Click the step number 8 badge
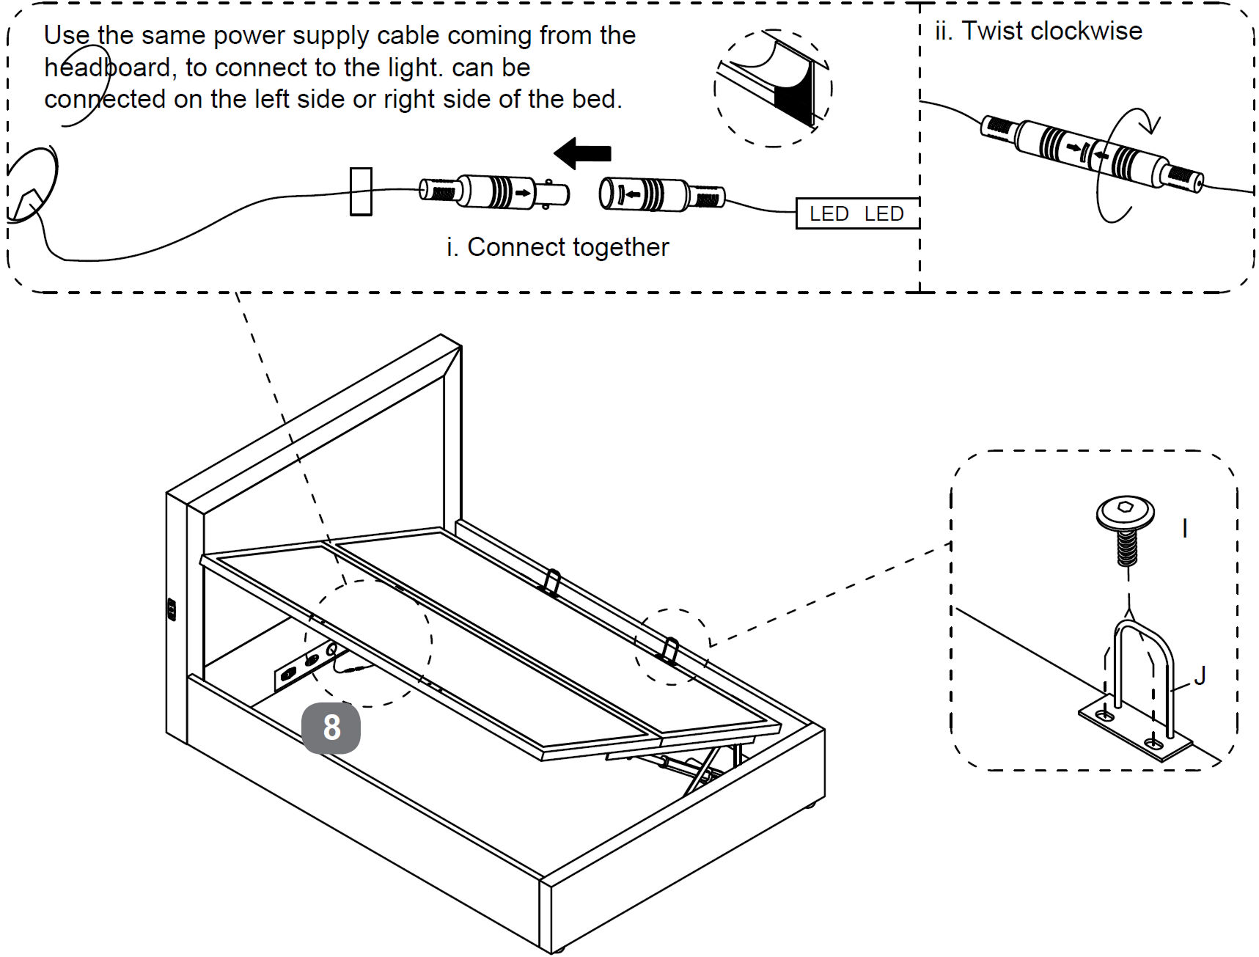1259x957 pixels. point(331,727)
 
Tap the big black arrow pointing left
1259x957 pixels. point(583,153)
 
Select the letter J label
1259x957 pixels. point(1200,675)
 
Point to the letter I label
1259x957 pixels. point(1185,528)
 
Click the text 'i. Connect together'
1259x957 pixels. point(557,247)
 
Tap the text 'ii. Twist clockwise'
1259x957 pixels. point(1038,32)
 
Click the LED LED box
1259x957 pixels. point(856,213)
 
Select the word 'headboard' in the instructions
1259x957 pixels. point(107,67)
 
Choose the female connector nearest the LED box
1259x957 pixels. point(660,194)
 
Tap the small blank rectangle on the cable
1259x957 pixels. point(361,191)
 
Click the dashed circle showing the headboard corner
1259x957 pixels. point(773,89)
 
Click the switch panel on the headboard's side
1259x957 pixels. point(172,609)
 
